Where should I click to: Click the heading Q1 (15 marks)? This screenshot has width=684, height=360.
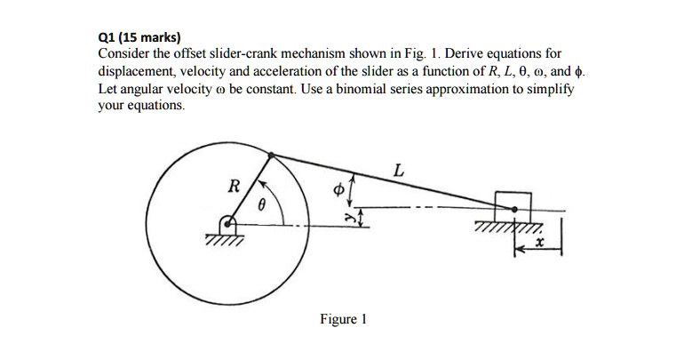coord(139,38)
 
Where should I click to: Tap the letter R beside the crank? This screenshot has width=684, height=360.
coord(234,187)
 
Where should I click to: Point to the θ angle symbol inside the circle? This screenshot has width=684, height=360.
coord(261,205)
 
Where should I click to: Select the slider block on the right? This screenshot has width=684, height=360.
coord(513,201)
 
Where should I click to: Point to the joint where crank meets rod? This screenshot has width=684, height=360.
coord(272,152)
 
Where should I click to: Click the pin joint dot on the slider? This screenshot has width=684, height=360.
coord(513,210)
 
